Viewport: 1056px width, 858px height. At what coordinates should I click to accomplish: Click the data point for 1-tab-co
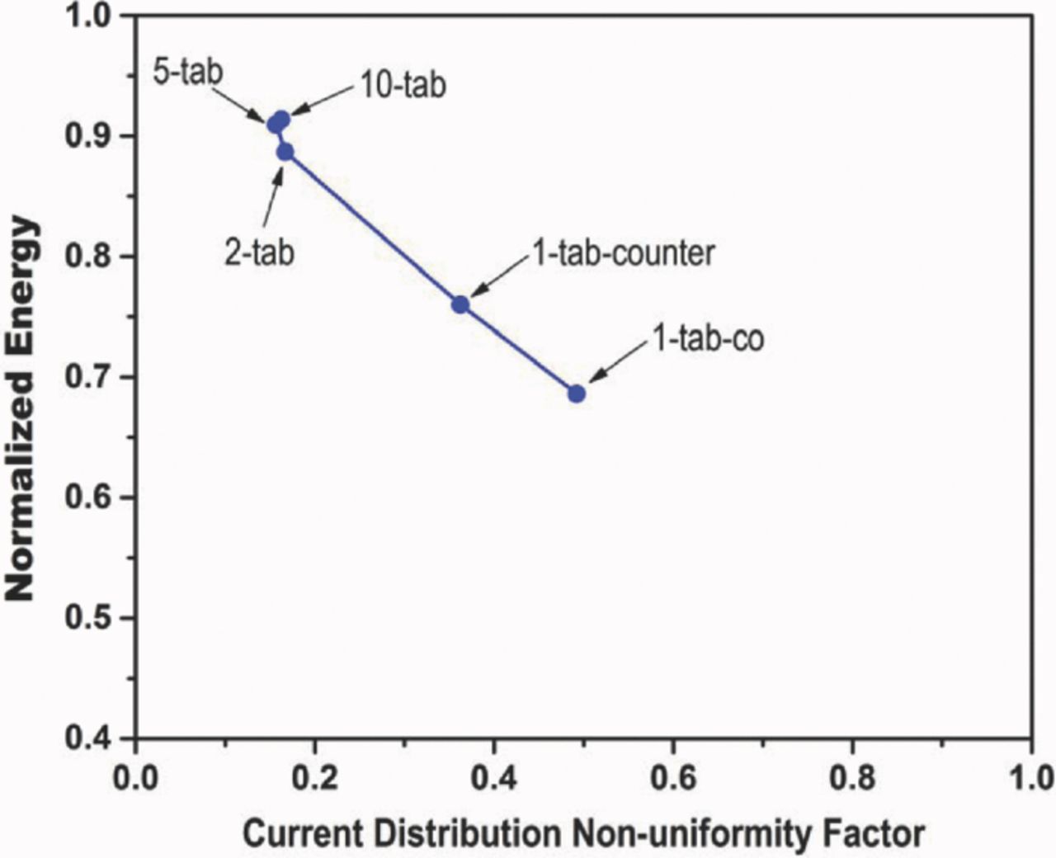577,394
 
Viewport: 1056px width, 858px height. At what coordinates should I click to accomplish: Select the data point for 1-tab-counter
460,304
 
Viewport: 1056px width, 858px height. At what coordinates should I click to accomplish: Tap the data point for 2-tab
285,152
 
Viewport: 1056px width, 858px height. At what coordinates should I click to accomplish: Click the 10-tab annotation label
403,85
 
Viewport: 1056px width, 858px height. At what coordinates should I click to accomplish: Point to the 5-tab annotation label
187,72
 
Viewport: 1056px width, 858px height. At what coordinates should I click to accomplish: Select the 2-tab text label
259,252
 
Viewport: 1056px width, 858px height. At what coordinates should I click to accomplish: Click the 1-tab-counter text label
623,252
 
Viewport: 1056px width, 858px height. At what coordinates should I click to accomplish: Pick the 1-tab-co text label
709,338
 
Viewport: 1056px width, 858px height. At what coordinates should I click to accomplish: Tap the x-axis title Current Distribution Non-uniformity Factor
584,833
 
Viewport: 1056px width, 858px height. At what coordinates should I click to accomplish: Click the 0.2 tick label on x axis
314,778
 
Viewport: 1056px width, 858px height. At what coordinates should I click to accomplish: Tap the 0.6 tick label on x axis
673,778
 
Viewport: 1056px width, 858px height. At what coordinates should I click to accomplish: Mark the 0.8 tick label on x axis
852,778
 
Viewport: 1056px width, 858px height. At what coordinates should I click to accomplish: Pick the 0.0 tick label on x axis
135,778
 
